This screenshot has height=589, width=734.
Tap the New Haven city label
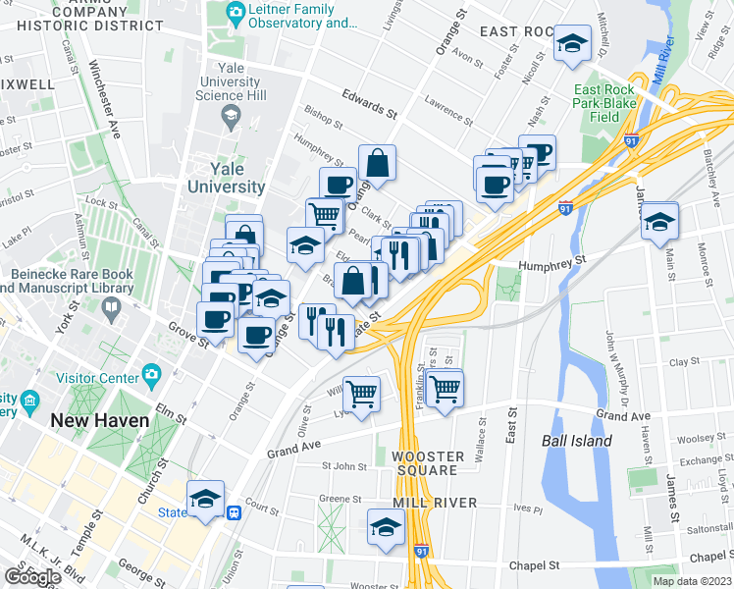[x=100, y=420]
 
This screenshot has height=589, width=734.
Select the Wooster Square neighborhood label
[x=425, y=463]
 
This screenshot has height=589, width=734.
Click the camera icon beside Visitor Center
[x=150, y=375]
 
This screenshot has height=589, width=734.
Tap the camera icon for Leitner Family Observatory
[x=236, y=14]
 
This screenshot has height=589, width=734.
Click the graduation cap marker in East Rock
[x=572, y=44]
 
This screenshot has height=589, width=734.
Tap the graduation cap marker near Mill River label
[x=387, y=528]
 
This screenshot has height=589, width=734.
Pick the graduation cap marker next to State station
[x=206, y=500]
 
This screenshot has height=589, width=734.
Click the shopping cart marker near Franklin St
[x=446, y=388]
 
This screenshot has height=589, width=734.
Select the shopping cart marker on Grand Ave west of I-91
[x=362, y=395]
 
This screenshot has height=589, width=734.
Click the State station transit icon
[x=235, y=511]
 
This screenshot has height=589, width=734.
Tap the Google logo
[x=32, y=577]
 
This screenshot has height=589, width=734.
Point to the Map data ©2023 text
[x=691, y=581]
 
